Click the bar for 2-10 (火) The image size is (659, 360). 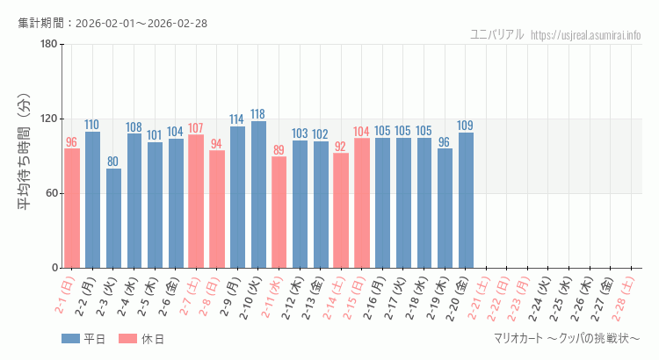pos(258,194)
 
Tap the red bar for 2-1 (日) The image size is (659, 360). pos(72,208)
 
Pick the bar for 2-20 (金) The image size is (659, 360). pos(466,200)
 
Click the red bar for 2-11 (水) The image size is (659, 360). pos(279,212)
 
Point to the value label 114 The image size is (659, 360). pos(237,119)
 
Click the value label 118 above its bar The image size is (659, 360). pos(258,114)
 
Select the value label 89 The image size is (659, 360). pos(279,150)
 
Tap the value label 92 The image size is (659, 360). pos(341,147)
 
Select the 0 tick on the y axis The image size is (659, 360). pos(54,268)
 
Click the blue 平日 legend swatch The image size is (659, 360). pos(71,339)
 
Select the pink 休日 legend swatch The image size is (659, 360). pos(127,339)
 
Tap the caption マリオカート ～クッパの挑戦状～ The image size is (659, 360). pos(567,339)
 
